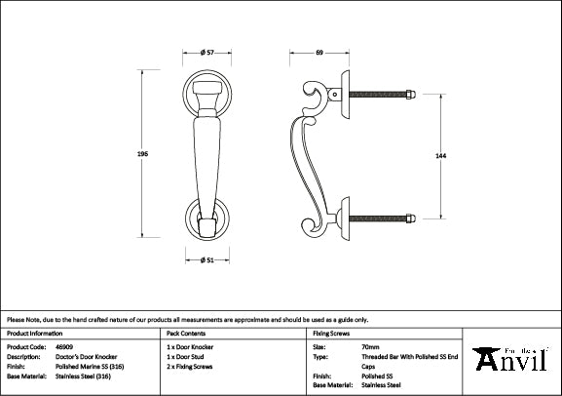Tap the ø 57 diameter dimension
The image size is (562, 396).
(x=206, y=51)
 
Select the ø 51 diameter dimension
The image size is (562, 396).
(x=206, y=258)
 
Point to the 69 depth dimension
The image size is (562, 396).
(x=319, y=51)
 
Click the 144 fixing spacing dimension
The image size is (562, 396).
(x=442, y=154)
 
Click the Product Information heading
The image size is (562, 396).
(x=35, y=334)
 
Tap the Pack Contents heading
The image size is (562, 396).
(x=186, y=334)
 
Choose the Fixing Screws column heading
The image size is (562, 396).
(x=330, y=334)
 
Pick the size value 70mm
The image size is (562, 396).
(x=369, y=346)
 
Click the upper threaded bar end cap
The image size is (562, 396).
(x=411, y=94)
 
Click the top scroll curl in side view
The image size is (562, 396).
(x=315, y=99)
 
